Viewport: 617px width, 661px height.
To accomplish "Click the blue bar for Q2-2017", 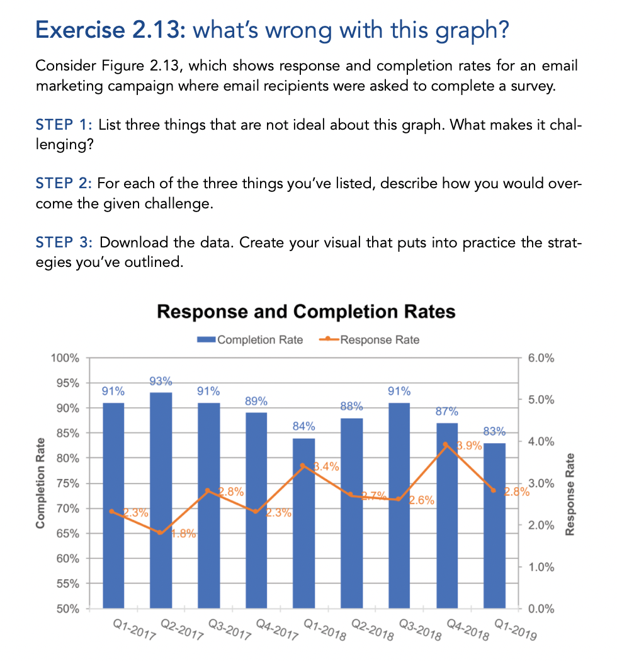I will [161, 504].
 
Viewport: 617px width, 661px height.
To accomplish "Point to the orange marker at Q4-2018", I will [446, 444].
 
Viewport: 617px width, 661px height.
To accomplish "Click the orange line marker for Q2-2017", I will [161, 533].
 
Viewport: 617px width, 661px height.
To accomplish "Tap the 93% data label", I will [161, 381].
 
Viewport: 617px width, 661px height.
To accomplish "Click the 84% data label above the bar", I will [303, 427].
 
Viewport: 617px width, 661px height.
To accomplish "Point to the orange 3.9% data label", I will [469, 446].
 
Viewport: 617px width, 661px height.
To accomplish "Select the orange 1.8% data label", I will [184, 534].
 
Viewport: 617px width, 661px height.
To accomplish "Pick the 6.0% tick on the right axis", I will [541, 358].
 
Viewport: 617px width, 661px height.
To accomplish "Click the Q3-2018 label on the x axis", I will [416, 630].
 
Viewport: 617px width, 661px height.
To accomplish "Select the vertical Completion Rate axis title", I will [42, 483].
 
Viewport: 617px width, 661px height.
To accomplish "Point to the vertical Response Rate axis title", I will [571, 494].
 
